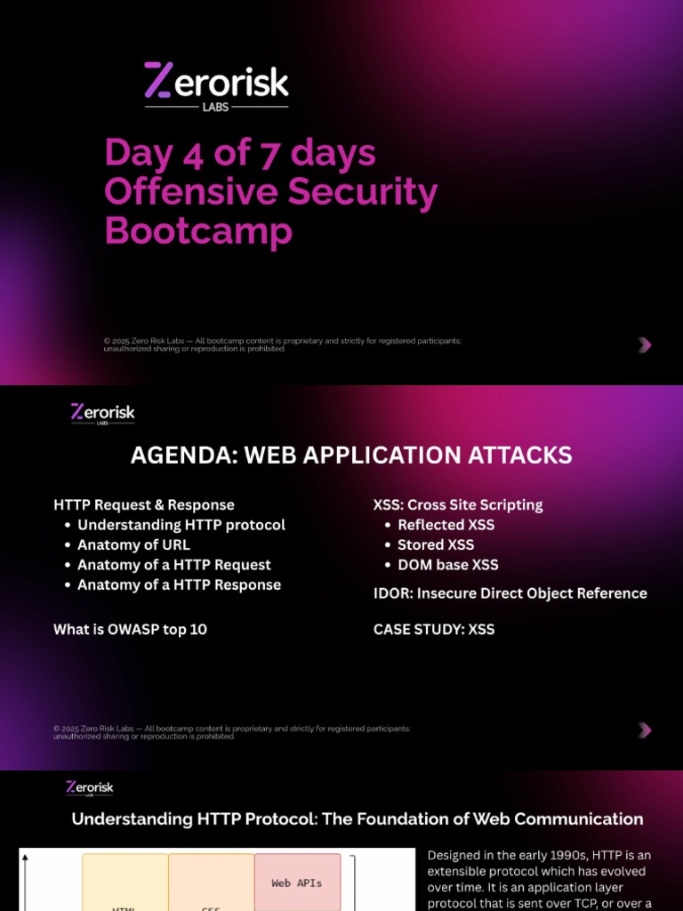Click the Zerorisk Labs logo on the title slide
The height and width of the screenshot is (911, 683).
click(216, 85)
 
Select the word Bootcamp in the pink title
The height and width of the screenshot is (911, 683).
click(198, 230)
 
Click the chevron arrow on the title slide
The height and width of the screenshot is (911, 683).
click(646, 344)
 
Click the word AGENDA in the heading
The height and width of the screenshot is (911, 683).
click(182, 455)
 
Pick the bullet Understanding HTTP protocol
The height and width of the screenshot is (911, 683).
click(181, 525)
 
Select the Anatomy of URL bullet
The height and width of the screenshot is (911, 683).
click(133, 544)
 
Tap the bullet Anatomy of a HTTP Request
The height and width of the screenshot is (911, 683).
click(174, 565)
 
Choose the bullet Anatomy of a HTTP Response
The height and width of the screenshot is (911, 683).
click(179, 584)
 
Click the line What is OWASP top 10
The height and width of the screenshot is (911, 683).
click(130, 629)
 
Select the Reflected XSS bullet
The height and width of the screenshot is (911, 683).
click(446, 525)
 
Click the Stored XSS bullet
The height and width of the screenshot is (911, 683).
click(436, 544)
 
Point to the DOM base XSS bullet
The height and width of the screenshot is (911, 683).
click(448, 565)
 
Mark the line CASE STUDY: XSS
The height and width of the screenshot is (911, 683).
click(434, 629)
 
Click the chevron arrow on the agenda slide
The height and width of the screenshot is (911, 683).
click(646, 730)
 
